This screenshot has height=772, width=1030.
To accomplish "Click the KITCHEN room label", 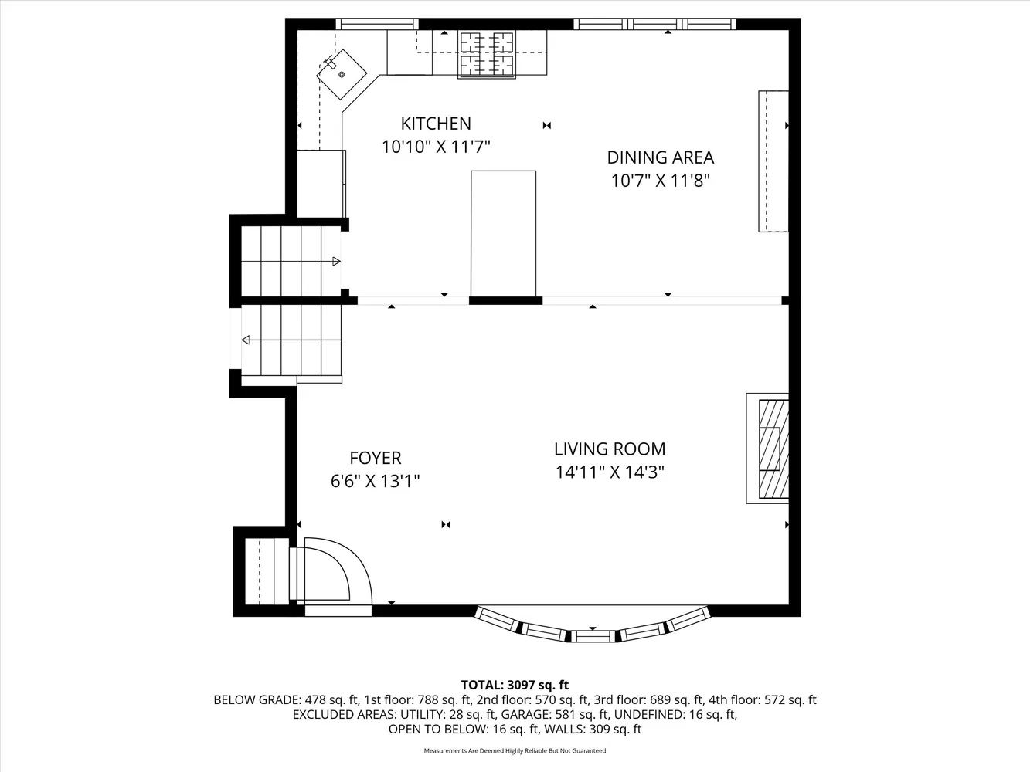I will [436, 124].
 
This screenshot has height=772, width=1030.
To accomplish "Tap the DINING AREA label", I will [660, 157].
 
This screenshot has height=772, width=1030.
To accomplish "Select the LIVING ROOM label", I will [610, 449].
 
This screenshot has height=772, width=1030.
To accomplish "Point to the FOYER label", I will [376, 458].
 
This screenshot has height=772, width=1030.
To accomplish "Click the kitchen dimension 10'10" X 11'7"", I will [436, 147].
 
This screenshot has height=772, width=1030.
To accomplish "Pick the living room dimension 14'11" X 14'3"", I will [610, 472].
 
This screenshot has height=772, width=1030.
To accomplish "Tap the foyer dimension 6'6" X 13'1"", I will [376, 481].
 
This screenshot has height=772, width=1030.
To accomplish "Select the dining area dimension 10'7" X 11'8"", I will [660, 181].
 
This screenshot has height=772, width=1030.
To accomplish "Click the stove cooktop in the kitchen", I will [487, 54].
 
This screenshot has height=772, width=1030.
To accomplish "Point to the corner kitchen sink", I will [342, 73].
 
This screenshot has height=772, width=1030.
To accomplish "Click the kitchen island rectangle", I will [503, 232].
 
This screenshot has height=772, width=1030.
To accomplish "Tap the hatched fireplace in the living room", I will [773, 449].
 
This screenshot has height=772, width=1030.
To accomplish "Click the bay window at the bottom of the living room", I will [593, 627].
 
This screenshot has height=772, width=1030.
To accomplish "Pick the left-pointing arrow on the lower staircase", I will [246, 340].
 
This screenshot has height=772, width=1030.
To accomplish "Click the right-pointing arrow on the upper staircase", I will [336, 261].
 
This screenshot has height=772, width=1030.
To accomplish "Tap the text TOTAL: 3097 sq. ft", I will [515, 685].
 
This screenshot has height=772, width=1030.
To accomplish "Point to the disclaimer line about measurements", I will [515, 750].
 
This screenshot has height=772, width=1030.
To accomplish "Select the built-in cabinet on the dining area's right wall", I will [773, 161].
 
